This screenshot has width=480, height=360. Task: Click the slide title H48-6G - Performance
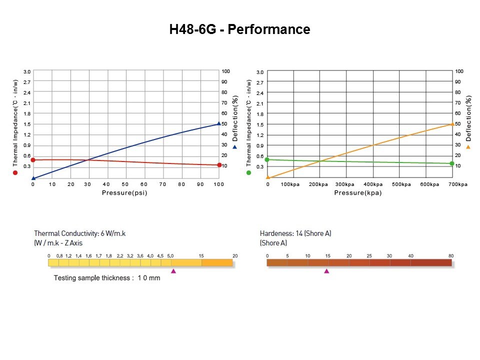pos(240,29)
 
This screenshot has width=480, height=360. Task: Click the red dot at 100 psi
pos(219,165)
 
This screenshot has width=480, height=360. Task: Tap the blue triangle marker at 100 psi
pos(219,123)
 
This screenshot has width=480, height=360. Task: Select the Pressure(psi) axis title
pos(124,192)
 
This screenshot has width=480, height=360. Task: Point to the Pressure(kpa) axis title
pos(358,193)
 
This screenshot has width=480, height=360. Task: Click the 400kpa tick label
pos(372,184)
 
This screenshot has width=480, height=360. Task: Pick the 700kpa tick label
pos(457,184)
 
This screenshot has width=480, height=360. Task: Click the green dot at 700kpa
pos(452,163)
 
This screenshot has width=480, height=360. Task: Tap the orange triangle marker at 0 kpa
pos(268,177)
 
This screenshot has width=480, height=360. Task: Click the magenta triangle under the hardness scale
pos(326,271)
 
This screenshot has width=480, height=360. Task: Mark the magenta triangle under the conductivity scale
pos(173,271)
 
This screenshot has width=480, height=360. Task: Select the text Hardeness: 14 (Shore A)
pos(295,233)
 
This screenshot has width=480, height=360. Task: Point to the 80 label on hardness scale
pos(451,256)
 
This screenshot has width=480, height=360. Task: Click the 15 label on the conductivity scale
pos(201,256)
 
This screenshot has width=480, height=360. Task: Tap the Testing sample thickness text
pos(107,277)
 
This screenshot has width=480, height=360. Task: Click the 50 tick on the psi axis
pos(125,184)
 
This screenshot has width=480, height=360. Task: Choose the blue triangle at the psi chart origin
pos(33,177)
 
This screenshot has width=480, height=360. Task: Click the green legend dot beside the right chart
pos(249,172)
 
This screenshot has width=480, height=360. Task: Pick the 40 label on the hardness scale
pos(411,256)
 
